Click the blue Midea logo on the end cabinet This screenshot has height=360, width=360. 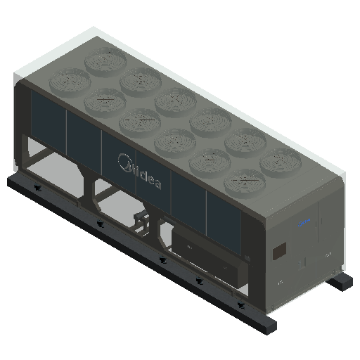click(304, 222)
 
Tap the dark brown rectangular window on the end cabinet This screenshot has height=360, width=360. click(280, 251)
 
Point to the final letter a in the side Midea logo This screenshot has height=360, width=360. click(157, 184)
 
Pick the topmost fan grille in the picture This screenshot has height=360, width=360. click(105, 60)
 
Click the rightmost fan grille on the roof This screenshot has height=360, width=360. click(281, 162)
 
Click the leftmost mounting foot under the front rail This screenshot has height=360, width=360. click(37, 187)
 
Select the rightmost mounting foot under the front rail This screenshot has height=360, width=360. click(241, 305)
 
